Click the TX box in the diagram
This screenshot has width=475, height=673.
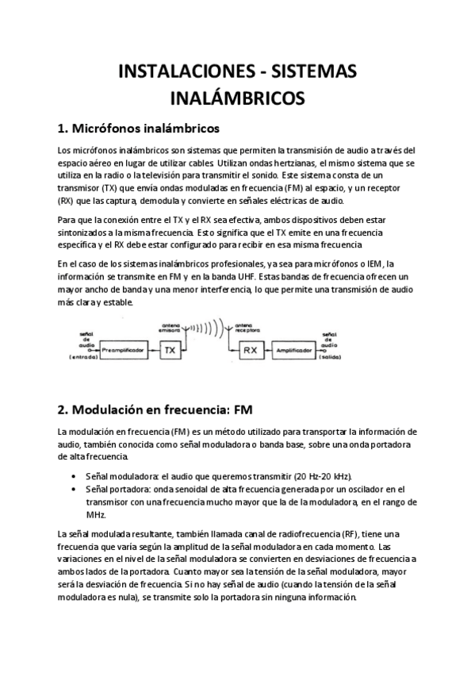click(167, 349)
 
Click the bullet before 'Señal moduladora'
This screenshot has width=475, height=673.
click(74, 476)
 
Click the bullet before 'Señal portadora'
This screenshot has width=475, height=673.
click(74, 489)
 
